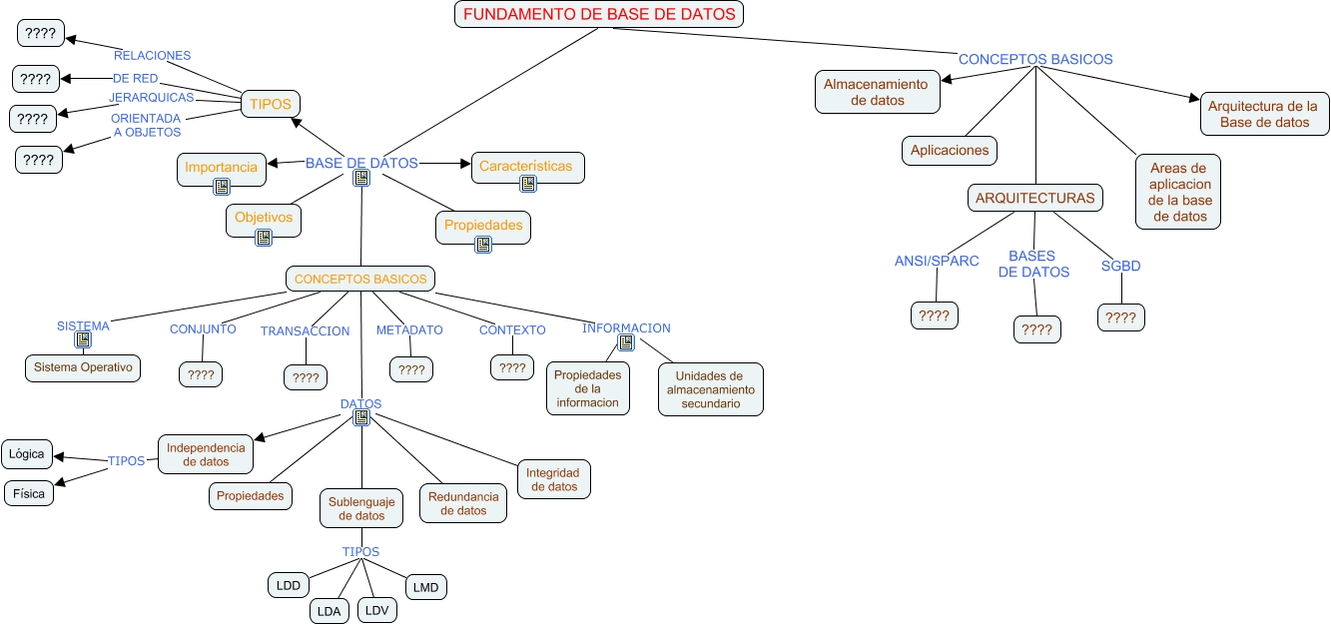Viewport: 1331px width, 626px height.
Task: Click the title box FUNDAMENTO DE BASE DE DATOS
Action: click(x=600, y=14)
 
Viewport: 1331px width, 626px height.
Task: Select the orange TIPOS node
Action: click(x=271, y=104)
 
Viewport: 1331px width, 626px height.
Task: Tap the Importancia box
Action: click(x=222, y=168)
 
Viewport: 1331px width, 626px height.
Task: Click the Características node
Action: click(x=526, y=167)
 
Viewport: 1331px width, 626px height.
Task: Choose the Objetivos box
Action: click(x=264, y=218)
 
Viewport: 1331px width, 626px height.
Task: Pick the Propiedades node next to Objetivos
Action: click(x=483, y=226)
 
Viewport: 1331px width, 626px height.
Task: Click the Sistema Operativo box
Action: click(x=83, y=367)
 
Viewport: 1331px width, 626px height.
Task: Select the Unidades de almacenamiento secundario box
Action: click(x=711, y=389)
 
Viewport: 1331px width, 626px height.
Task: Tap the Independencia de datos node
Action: click(x=206, y=454)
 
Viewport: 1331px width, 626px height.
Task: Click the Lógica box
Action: click(x=27, y=454)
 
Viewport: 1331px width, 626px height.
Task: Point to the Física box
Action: click(x=29, y=493)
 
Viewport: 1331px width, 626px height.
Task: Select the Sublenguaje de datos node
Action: click(x=361, y=508)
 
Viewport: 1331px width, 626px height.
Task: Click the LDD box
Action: click(x=289, y=585)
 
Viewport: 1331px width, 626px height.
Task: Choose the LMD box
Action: click(x=425, y=587)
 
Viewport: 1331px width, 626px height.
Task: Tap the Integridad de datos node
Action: click(x=553, y=479)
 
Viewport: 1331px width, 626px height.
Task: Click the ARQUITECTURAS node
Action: click(x=1034, y=198)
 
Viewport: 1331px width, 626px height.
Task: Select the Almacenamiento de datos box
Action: click(x=877, y=92)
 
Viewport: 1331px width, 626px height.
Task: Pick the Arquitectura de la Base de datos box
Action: click(x=1263, y=114)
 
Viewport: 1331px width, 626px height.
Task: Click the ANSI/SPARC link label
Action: click(x=936, y=262)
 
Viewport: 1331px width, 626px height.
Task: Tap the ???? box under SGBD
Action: click(x=1120, y=317)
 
